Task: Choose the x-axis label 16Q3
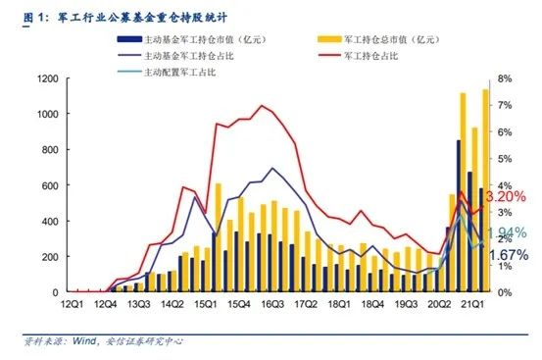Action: click(x=272, y=305)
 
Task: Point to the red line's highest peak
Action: click(x=262, y=105)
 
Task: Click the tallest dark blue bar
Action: click(x=458, y=216)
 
